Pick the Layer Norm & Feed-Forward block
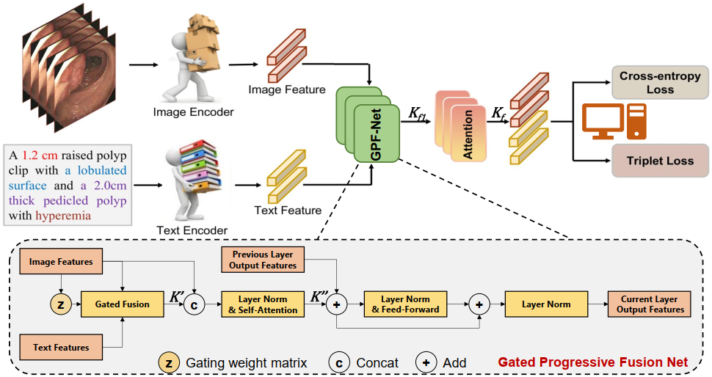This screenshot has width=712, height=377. tap(404, 304)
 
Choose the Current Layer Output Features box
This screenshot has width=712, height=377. tap(649, 304)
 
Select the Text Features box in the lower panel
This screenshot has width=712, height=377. tap(61, 347)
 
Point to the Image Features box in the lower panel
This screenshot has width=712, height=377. tap(61, 262)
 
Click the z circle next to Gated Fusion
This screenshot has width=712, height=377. tap(60, 304)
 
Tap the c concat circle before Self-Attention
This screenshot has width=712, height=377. tap(194, 304)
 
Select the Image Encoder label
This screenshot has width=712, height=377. tap(193, 112)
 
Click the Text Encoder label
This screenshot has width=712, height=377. tap(192, 230)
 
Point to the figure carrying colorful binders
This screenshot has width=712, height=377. tap(194, 180)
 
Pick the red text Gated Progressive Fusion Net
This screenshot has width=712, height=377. tap(593, 362)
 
